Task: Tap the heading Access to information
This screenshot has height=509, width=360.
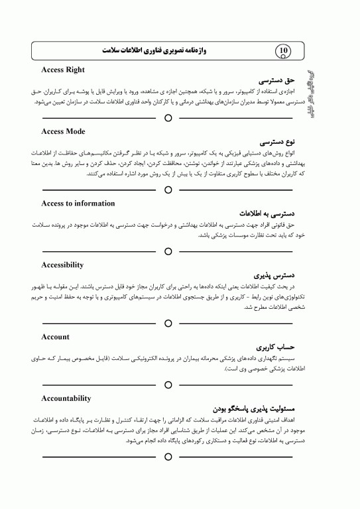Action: pos(78,203)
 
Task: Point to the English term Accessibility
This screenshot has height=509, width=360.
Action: pos(62,265)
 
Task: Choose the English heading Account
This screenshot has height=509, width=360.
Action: pos(55,337)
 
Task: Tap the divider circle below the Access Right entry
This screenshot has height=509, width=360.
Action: pos(168,118)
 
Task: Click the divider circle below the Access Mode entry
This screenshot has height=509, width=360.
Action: pos(168,190)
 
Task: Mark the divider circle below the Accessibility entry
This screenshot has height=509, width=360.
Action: pos(168,323)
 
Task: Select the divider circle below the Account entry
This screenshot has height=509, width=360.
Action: pos(168,384)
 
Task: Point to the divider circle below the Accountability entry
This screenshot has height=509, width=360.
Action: pos(168,457)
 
